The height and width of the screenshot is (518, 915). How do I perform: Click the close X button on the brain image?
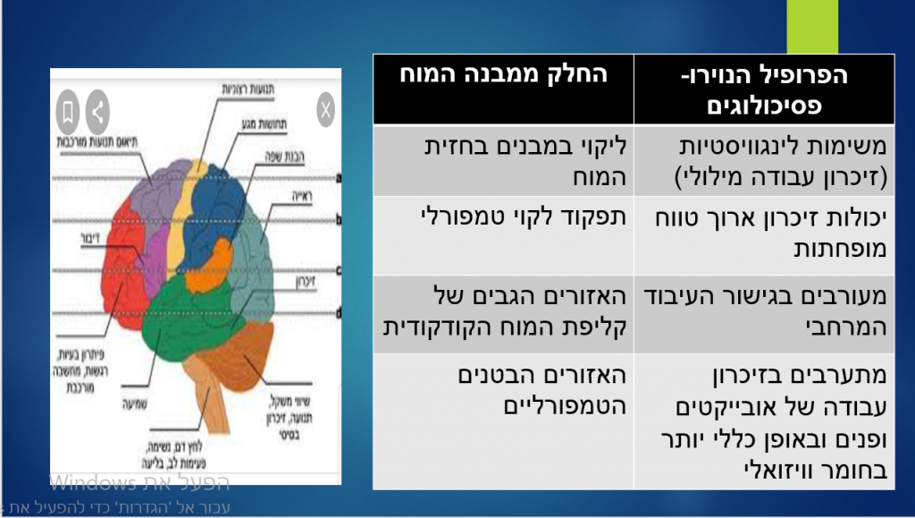326,110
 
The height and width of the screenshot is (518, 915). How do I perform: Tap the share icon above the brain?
97,112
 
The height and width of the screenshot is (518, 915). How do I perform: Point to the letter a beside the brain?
339,179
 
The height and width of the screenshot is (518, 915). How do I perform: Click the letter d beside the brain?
339,311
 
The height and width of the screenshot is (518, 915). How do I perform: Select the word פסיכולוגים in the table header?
765,106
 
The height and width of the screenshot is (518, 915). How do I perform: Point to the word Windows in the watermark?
91,484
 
